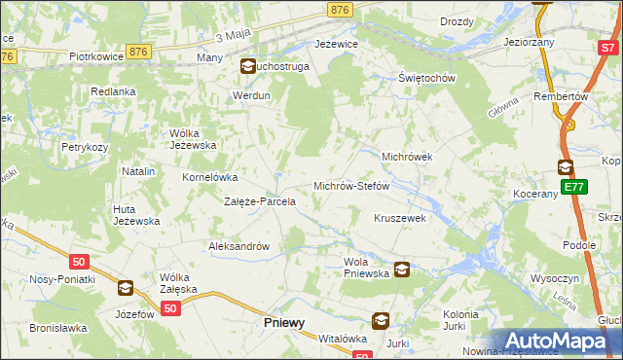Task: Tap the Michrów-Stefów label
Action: pos(350,185)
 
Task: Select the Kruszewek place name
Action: pos(400,219)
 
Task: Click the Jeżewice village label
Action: pos(337,45)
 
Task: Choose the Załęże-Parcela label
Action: pos(260,202)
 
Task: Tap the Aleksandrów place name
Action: pos(238,246)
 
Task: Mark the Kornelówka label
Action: pos(210,178)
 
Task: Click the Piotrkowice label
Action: pos(94,56)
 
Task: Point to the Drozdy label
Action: pos(457,21)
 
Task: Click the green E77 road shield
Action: pos(573,187)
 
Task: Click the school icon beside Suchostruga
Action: pos(247,67)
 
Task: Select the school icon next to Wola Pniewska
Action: pos(401,270)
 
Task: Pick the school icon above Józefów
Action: pos(125,288)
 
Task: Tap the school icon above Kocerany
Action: pos(566,166)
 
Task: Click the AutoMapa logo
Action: pos(559,341)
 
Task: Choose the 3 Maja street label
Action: pos(234,36)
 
